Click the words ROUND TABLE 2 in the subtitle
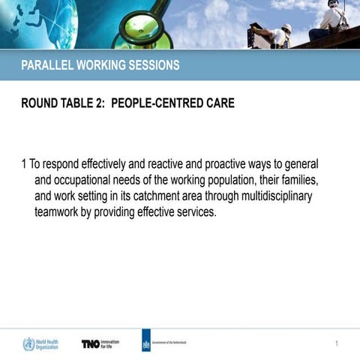[x=63, y=103]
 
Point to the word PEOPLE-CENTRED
[x=157, y=103]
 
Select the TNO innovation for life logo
[x=100, y=343]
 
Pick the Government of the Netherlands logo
[x=165, y=343]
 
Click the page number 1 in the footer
[x=337, y=343]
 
